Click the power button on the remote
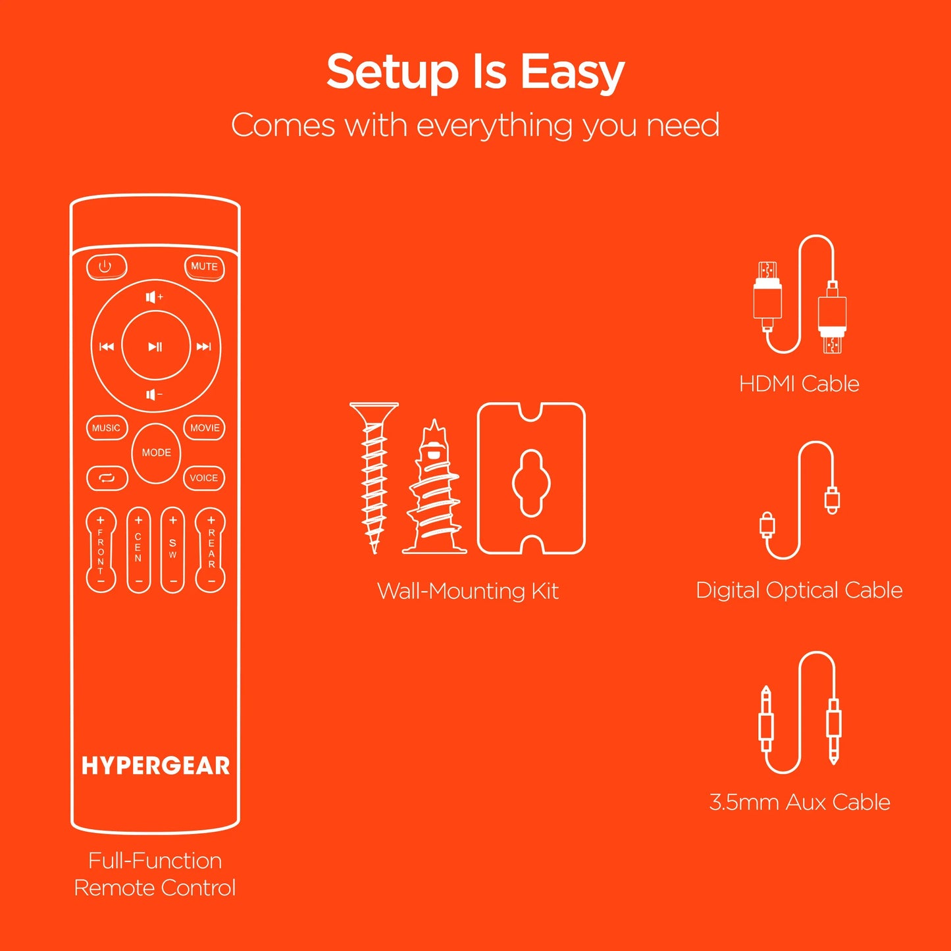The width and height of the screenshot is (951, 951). tap(106, 267)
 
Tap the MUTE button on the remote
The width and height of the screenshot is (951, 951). tap(204, 267)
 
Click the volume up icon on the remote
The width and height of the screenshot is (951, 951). tap(155, 297)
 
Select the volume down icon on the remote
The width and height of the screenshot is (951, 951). tap(155, 395)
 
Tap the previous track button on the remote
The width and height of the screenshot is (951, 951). tap(107, 347)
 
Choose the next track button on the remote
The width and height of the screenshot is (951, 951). tap(204, 347)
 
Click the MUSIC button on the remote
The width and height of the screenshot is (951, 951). tap(106, 428)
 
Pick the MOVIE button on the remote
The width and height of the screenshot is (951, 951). tap(205, 428)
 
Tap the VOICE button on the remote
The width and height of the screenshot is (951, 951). tap(204, 478)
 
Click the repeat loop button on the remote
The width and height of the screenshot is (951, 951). tap(107, 478)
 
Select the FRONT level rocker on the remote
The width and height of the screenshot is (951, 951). tap(101, 550)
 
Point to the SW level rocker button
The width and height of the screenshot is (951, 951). tap(172, 550)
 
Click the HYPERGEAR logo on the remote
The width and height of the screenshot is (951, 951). tap(155, 766)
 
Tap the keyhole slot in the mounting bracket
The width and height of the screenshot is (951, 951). tap(531, 483)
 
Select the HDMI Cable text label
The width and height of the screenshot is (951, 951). tap(799, 384)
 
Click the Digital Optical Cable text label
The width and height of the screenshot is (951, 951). tap(799, 590)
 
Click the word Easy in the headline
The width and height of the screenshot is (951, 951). tap(572, 72)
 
